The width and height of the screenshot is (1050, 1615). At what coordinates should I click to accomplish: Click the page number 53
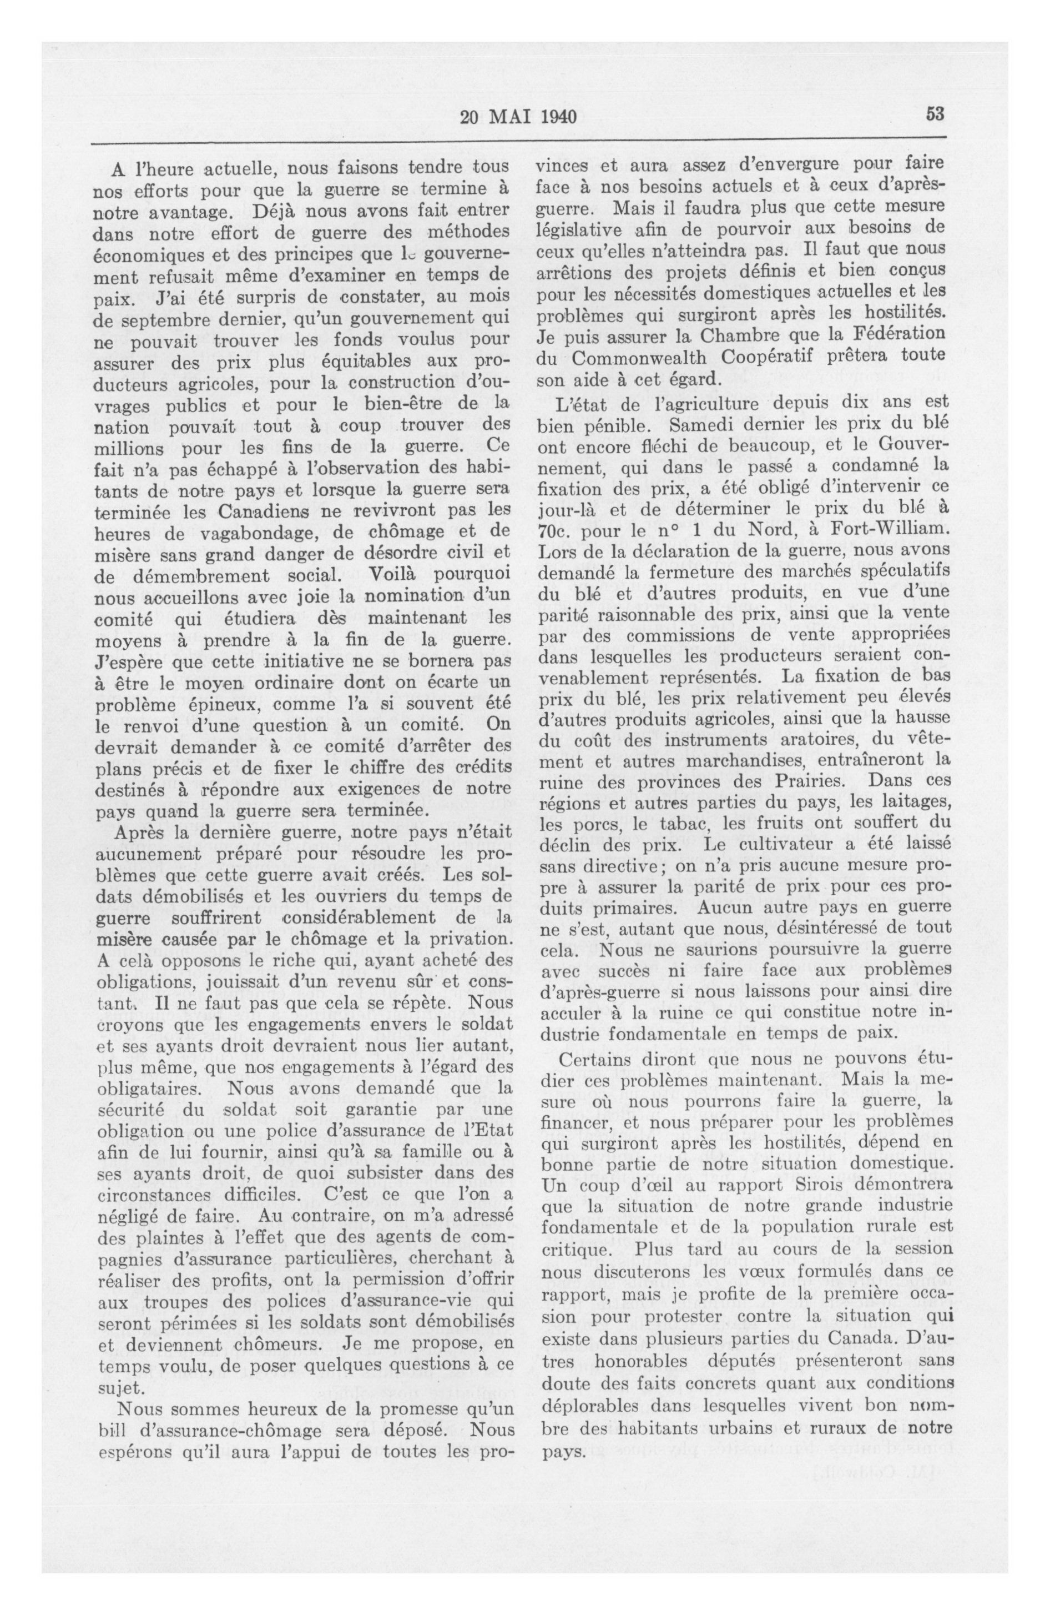[935, 114]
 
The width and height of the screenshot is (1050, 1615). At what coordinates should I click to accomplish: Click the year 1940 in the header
[558, 117]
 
